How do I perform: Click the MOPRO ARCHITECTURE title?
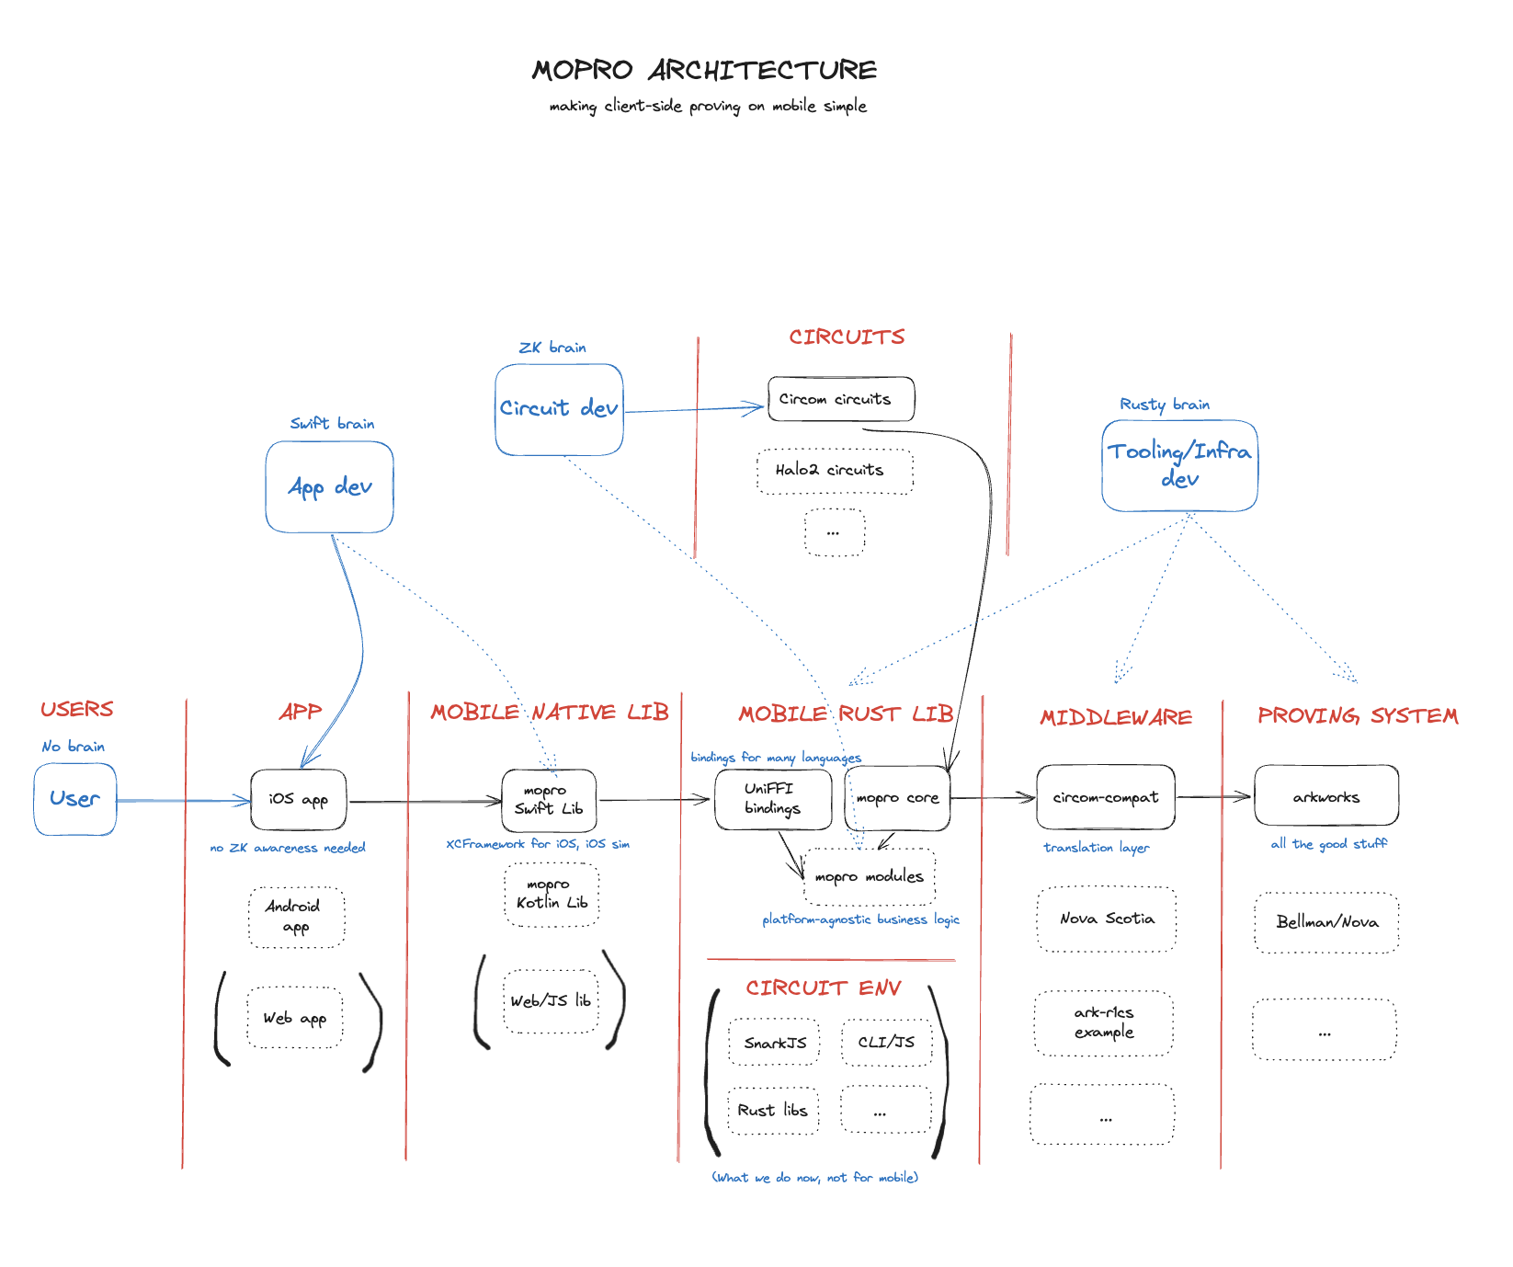click(704, 71)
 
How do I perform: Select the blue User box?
click(75, 799)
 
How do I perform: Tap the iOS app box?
click(299, 800)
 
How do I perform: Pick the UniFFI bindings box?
click(773, 799)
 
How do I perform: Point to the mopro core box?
click(897, 798)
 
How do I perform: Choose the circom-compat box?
click(1105, 797)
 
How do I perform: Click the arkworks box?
click(1325, 796)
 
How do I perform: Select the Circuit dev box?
click(559, 409)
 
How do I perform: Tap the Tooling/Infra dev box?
click(1179, 465)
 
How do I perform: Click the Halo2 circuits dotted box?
click(834, 471)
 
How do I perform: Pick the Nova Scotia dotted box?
click(1107, 919)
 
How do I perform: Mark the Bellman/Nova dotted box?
click(1326, 922)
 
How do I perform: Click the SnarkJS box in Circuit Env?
click(774, 1043)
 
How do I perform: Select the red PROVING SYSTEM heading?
click(1358, 716)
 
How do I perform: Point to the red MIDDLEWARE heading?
click(1115, 717)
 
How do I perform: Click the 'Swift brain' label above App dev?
click(332, 424)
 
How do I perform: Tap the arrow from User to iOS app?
click(183, 801)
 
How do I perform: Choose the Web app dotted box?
click(295, 1018)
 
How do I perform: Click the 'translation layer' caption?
click(1096, 848)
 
